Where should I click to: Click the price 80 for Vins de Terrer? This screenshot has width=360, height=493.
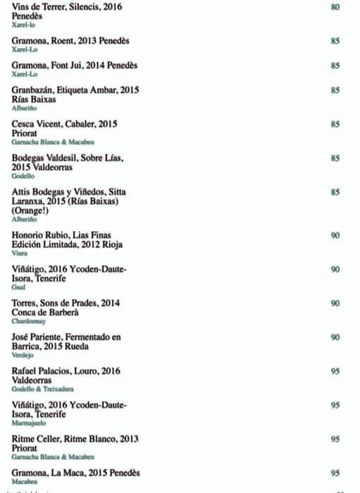tap(335, 7)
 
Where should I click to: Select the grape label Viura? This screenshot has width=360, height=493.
tap(20, 254)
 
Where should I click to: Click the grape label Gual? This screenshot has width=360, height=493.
tap(18, 287)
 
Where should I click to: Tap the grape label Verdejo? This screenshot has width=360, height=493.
tap(23, 355)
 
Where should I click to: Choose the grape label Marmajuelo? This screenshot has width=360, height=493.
tap(28, 423)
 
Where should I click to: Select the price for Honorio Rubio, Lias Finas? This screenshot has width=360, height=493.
tap(335, 235)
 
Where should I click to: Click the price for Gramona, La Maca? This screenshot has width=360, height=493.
tap(335, 473)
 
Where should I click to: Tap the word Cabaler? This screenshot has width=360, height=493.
tap(80, 124)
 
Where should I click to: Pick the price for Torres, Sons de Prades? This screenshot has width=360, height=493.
tap(335, 303)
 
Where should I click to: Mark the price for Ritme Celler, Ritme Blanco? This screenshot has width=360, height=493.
tap(335, 439)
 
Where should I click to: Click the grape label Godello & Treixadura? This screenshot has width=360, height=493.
tap(43, 389)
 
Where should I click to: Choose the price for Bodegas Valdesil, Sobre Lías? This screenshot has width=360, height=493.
tap(335, 158)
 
